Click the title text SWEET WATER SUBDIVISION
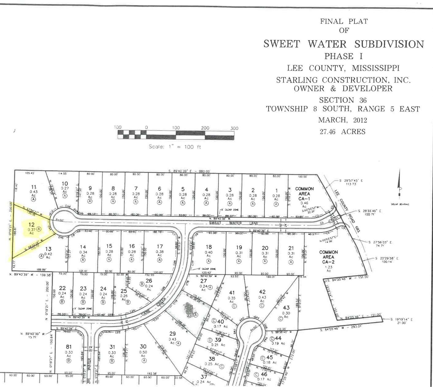point(343,44)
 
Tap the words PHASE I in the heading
point(343,57)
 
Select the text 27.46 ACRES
point(343,132)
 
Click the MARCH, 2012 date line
point(343,120)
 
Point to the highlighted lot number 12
point(31,225)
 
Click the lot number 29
point(173,334)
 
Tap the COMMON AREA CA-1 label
point(304,193)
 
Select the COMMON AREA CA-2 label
point(328,257)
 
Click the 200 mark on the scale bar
point(205,128)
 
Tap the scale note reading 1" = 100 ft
point(175,147)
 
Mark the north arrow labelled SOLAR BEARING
point(399,187)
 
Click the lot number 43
point(286,307)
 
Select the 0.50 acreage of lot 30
point(143,352)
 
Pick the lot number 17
point(159,246)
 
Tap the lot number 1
point(276,191)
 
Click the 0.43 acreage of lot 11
point(34,192)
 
